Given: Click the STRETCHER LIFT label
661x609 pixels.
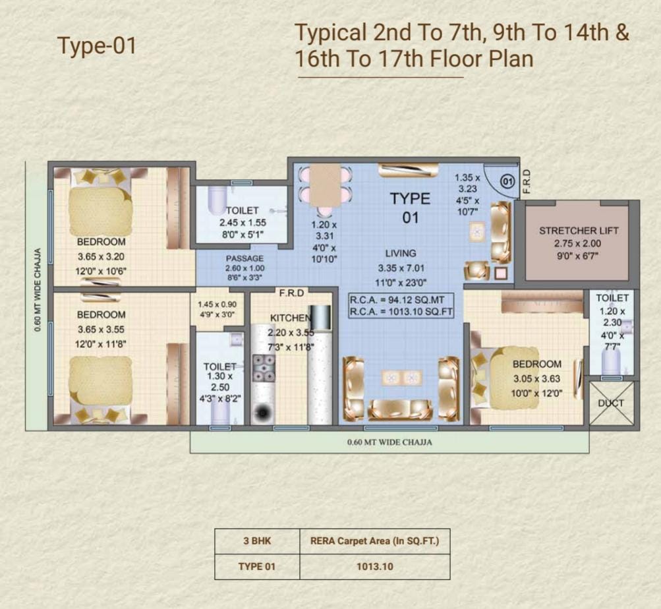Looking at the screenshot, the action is click(x=579, y=231).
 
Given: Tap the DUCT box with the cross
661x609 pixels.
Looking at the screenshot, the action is click(x=612, y=403).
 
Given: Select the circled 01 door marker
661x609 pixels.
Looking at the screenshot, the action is click(x=507, y=181).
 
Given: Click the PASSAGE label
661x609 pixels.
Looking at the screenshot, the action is click(x=244, y=258).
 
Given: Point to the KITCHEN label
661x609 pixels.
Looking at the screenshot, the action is click(x=291, y=318).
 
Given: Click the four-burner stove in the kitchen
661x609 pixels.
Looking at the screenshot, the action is click(x=264, y=368).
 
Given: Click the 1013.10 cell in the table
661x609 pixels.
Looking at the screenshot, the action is click(x=375, y=566).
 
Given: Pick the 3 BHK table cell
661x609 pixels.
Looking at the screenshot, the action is click(x=257, y=540).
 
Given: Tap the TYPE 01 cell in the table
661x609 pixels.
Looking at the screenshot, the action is click(x=257, y=566).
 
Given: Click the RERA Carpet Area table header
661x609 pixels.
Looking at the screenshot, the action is click(x=375, y=540).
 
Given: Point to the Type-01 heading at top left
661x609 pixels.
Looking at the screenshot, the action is click(x=97, y=45).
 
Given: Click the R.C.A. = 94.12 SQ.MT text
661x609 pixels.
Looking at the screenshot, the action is click(x=397, y=301).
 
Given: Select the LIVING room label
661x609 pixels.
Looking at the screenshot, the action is click(x=401, y=253).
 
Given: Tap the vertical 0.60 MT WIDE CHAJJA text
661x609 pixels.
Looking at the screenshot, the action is click(x=38, y=290).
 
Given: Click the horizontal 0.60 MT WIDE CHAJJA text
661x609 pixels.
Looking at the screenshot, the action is click(x=389, y=442).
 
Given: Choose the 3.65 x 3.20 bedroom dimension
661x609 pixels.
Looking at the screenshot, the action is click(x=101, y=256).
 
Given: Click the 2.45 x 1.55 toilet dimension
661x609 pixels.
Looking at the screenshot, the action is click(x=243, y=223).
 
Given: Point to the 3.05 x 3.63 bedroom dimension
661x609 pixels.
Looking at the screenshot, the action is click(x=536, y=379).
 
